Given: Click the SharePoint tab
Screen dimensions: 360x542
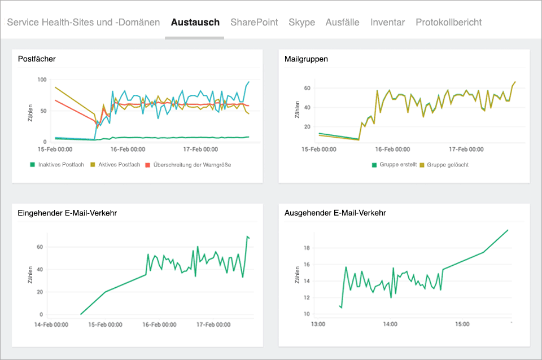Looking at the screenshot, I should click(254, 23).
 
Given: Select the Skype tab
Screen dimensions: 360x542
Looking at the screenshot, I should click(301, 23).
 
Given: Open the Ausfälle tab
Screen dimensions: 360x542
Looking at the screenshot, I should click(342, 23).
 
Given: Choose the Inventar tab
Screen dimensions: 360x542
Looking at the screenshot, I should click(387, 23).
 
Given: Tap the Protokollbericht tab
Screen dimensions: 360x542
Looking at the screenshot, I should click(448, 23).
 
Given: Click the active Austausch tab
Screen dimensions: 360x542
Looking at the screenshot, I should click(195, 23).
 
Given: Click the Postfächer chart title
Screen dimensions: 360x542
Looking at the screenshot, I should click(37, 59).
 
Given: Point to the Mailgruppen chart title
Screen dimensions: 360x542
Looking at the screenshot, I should click(307, 59).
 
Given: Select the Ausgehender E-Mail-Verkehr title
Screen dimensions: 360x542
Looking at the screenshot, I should click(335, 213).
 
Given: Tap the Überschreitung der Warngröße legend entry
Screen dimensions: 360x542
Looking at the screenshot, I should click(191, 165).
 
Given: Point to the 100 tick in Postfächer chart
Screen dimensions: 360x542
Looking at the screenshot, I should click(41, 80).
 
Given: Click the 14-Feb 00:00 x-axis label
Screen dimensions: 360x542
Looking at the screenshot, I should click(51, 324).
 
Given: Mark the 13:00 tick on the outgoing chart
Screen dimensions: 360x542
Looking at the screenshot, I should click(318, 324).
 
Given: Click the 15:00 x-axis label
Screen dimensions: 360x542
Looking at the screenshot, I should click(462, 324).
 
